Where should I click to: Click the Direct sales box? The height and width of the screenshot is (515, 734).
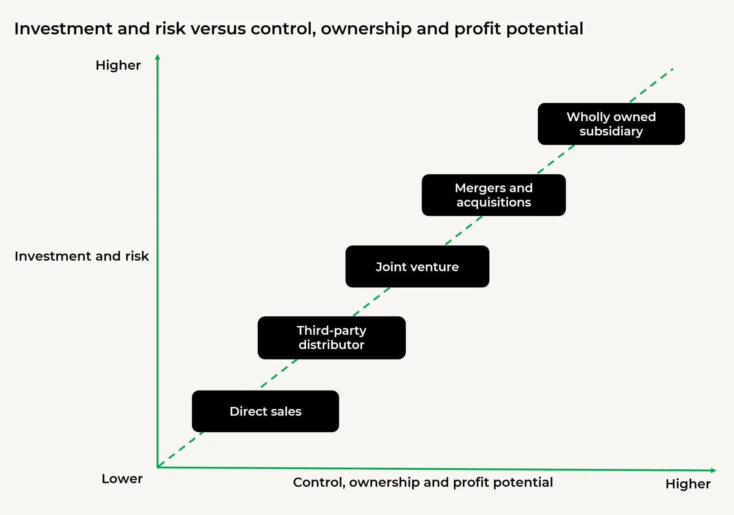point(265,411)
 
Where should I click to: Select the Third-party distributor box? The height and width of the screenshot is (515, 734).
point(331,338)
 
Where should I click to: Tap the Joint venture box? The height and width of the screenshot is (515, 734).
point(417,267)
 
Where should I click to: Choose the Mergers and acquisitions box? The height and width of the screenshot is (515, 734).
point(493,195)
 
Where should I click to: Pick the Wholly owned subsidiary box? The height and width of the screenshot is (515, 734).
point(611,124)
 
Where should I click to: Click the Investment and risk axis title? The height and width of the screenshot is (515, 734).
point(82,256)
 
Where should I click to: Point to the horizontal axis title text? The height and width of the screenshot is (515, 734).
point(422,482)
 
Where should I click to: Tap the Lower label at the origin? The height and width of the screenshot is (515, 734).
point(122,479)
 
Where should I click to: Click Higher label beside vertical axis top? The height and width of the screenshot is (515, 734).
point(118,65)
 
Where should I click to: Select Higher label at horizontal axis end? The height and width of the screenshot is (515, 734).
point(688,484)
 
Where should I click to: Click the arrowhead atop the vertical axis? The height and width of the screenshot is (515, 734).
point(157,57)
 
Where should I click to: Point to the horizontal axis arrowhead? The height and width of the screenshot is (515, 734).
point(713,471)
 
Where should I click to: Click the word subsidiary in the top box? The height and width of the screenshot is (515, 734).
point(611,131)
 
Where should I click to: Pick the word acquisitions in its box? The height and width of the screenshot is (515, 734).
point(493,202)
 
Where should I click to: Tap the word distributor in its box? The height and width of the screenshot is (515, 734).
point(331,345)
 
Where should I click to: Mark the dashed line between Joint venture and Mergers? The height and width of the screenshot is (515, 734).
point(464,230)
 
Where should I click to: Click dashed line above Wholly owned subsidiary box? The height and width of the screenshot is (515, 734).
point(652,85)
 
